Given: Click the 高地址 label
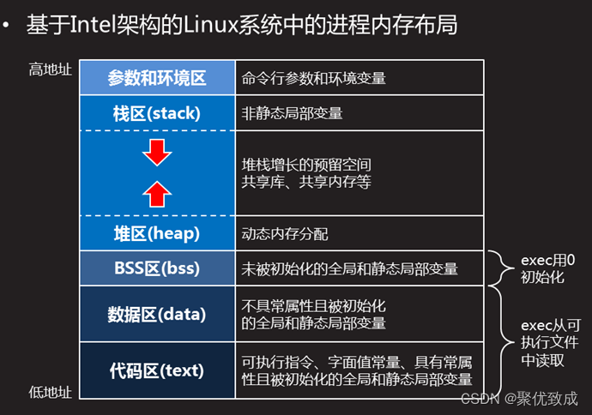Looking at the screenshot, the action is tap(50, 69).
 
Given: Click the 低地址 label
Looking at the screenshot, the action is tap(50, 392).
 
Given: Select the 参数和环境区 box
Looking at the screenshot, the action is tap(157, 78).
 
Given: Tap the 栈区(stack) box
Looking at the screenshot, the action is tap(157, 113).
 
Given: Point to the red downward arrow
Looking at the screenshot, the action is tap(157, 153).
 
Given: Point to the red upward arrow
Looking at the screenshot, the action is tap(157, 193).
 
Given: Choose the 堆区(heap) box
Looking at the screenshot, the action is tap(157, 233).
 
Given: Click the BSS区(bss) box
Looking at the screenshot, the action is tap(157, 268).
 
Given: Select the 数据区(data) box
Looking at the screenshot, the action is tap(157, 314).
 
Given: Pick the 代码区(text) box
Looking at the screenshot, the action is tap(157, 370).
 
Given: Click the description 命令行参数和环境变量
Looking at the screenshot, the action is tap(314, 78).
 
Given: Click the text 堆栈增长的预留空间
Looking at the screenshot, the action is tap(306, 164).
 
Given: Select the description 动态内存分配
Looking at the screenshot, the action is tap(286, 233).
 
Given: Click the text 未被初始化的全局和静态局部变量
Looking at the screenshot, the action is tap(350, 268).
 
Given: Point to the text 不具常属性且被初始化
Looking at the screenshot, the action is tap(314, 305).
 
